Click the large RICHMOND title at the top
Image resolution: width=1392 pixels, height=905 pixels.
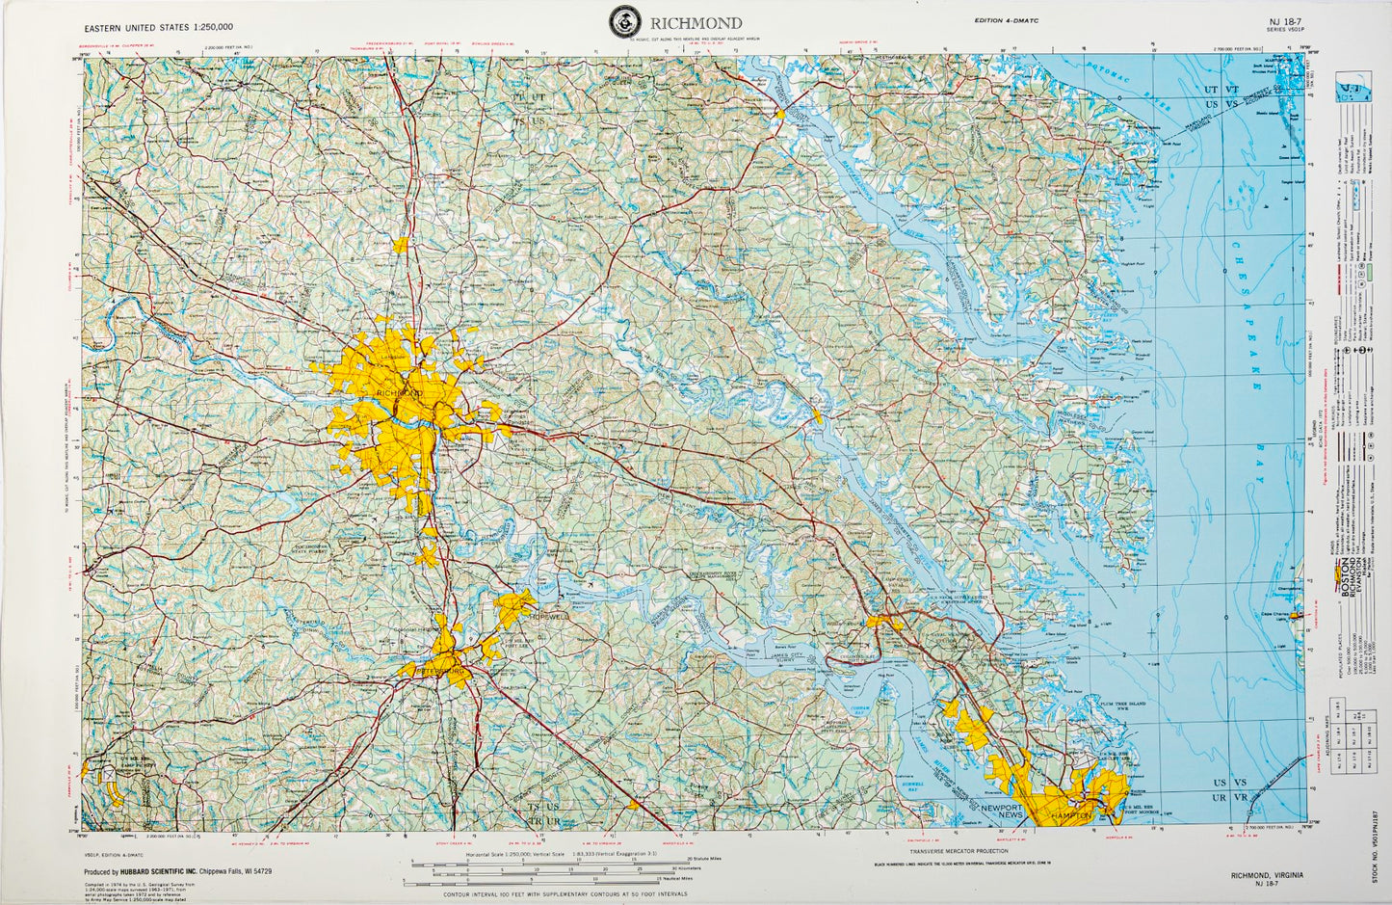pos(696,22)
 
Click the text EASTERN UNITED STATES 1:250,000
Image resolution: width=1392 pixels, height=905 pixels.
pos(159,27)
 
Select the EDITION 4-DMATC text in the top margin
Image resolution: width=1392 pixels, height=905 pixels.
pos(1007,21)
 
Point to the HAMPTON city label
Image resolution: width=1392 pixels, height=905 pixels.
pos(1071,815)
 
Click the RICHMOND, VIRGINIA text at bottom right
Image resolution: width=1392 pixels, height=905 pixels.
pos(1267,874)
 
